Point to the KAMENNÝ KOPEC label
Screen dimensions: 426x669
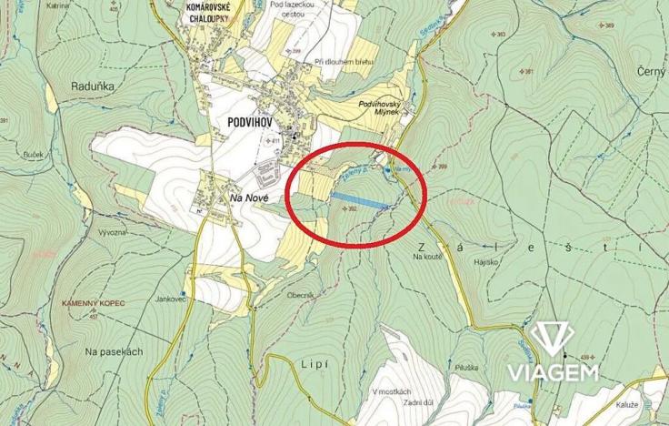pos(94,301)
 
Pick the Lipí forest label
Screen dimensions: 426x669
pos(313,362)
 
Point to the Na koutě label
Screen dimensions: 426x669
pos(426,258)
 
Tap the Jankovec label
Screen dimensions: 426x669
pos(170,298)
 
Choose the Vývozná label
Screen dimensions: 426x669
pos(115,233)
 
